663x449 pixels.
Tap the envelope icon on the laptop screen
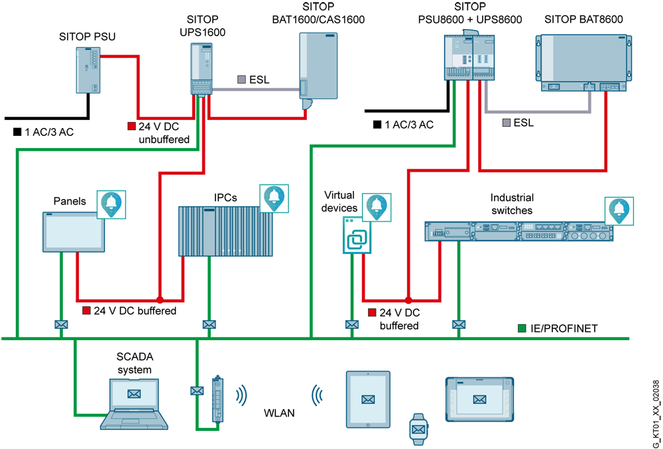pyautogui.click(x=134, y=394)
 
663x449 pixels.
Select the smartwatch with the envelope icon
pyautogui.click(x=418, y=428)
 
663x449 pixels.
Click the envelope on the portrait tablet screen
pyautogui.click(x=368, y=399)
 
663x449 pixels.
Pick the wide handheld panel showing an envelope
pyautogui.click(x=481, y=399)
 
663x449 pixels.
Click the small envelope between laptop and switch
pyautogui.click(x=196, y=391)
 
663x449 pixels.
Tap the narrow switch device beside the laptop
pyautogui.click(x=217, y=400)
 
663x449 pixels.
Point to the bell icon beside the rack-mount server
pyautogui.click(x=619, y=210)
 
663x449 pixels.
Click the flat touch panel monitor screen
pyautogui.click(x=74, y=232)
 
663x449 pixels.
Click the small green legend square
pyautogui.click(x=522, y=328)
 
